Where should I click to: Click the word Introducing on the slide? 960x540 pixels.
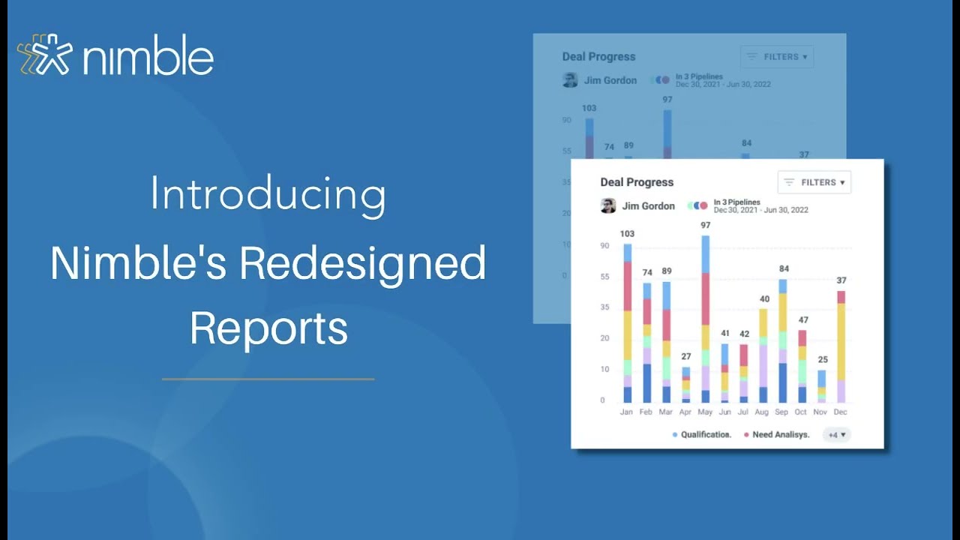click(x=268, y=194)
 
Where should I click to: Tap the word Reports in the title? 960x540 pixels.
click(x=268, y=328)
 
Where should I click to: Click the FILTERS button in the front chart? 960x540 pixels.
click(x=814, y=182)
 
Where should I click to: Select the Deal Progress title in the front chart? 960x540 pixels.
click(x=637, y=182)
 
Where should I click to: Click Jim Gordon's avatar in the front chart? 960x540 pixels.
click(x=608, y=206)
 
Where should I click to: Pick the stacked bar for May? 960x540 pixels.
click(x=705, y=319)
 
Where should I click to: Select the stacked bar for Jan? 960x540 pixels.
click(x=627, y=323)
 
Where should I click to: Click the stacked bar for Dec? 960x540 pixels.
click(x=841, y=346)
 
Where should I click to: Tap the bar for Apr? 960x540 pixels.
click(x=685, y=385)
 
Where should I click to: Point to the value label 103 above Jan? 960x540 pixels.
click(x=628, y=233)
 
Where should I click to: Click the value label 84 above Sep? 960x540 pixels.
click(x=784, y=268)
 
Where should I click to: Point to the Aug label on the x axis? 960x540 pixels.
click(x=763, y=412)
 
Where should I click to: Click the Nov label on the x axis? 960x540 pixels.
click(x=821, y=412)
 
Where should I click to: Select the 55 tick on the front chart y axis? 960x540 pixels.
click(x=604, y=277)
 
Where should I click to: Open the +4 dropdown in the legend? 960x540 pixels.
click(x=836, y=434)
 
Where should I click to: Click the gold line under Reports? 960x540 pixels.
click(x=268, y=379)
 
